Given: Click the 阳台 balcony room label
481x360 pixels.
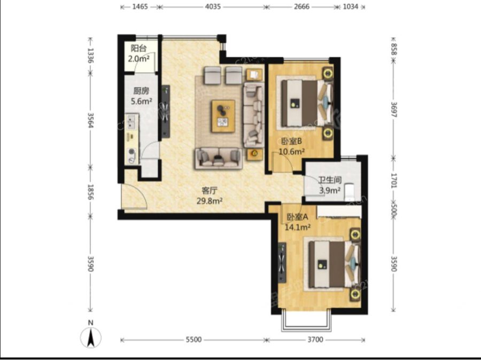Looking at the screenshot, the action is tap(138, 48).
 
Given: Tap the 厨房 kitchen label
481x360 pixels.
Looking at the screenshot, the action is tap(141, 91).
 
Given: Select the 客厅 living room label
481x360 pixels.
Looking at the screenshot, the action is tap(210, 191).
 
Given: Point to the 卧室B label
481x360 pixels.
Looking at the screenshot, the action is tap(292, 142).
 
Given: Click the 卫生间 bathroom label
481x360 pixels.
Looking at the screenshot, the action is tap(330, 180).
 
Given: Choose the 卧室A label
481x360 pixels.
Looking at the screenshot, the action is tap(297, 217).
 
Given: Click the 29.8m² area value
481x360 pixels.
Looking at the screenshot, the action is tap(210, 201).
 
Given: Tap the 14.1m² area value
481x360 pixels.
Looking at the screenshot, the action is tap(298, 227).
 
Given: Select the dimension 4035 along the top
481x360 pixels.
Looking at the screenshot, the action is tap(213, 6).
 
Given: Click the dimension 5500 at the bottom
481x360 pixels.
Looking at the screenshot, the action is tap(194, 340).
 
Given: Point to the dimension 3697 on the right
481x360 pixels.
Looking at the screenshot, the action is tap(394, 108).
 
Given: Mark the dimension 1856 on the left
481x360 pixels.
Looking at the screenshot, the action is tap(90, 192).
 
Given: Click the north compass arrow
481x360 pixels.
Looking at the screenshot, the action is tap(91, 338).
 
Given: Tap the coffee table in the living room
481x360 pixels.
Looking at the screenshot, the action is tap(223, 116).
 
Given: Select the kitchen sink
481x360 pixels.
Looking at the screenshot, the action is tap(132, 122).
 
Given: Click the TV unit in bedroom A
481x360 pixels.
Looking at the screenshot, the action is tap(282, 262).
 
